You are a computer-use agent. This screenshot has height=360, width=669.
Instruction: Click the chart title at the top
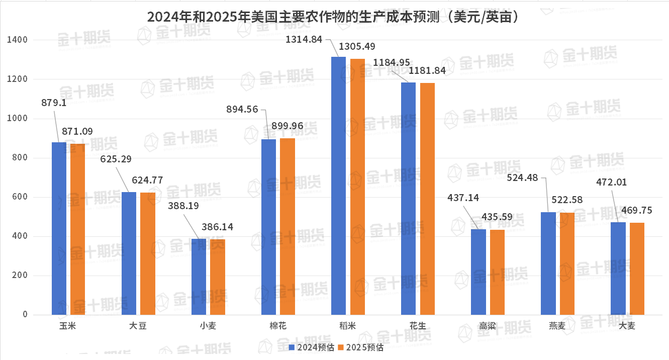(x=333, y=17)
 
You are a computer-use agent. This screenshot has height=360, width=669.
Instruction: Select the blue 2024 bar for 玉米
(x=59, y=229)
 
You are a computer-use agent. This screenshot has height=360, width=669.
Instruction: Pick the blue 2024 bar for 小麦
(x=199, y=277)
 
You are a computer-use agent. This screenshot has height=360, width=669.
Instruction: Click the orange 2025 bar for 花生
(x=427, y=199)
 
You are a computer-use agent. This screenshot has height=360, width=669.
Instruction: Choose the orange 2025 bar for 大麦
(x=637, y=269)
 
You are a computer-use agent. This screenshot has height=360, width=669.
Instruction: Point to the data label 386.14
(x=217, y=227)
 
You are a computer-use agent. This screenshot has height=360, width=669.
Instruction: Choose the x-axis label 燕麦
(x=557, y=326)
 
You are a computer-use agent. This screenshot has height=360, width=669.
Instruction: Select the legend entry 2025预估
(x=360, y=347)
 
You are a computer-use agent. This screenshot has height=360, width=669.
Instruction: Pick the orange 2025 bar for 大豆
(x=148, y=253)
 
